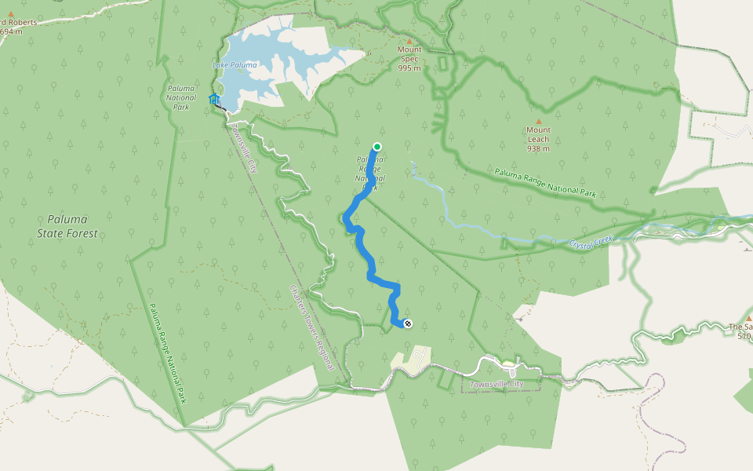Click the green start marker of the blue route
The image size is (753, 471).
pos(376,147)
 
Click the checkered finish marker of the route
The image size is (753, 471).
pos(407,323)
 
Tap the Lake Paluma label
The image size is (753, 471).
pos(235,65)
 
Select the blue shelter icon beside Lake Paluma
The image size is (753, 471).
pos(213,99)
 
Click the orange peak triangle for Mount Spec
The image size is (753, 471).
pos(409,41)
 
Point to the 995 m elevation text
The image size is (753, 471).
pos(409,68)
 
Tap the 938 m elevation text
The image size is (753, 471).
pos(538,148)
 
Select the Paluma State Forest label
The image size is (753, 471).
pos(67,226)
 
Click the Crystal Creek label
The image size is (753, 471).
pos(591,241)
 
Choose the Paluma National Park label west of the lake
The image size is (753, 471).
pos(181,97)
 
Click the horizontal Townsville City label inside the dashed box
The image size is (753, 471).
pos(496,384)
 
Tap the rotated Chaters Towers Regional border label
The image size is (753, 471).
pos(312,327)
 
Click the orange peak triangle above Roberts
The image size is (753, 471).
pos(11,13)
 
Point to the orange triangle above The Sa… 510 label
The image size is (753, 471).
pos(748,319)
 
